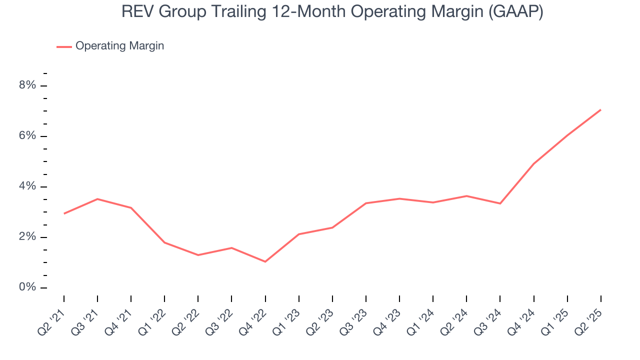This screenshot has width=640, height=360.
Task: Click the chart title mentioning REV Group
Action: (332, 12)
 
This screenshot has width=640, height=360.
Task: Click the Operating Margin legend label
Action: (119, 46)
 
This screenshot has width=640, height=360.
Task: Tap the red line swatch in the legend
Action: (64, 46)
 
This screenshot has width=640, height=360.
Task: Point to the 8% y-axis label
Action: (28, 85)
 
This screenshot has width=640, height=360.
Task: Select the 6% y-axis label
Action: (28, 136)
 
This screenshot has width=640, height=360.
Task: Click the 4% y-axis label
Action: (28, 186)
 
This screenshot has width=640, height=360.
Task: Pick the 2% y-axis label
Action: (28, 237)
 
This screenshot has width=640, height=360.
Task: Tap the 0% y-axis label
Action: (28, 287)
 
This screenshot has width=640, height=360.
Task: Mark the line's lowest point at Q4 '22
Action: (265, 261)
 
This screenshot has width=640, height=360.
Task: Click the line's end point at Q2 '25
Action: (600, 110)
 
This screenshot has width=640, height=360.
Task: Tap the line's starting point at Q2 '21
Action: (64, 213)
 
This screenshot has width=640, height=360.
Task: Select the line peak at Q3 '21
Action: (97, 199)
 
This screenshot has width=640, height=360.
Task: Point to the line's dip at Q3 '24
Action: (500, 203)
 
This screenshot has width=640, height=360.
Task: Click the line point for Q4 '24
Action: (533, 164)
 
